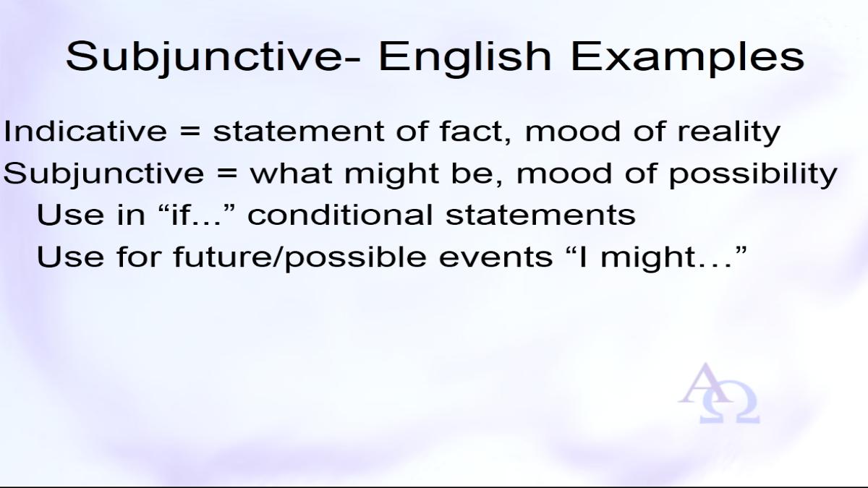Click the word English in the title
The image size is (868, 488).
(464, 58)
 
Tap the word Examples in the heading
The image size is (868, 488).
(687, 58)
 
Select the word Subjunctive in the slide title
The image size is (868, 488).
(205, 58)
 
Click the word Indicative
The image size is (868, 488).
(85, 132)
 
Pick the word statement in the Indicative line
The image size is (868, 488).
(298, 132)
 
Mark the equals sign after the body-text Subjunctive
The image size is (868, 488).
(226, 174)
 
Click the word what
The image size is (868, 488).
(291, 173)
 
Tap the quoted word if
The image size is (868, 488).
(182, 215)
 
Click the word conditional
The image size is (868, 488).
(340, 215)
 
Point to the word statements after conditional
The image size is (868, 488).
(540, 215)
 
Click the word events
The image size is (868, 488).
(495, 257)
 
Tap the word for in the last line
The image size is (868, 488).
(139, 257)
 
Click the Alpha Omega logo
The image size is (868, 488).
(719, 393)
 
